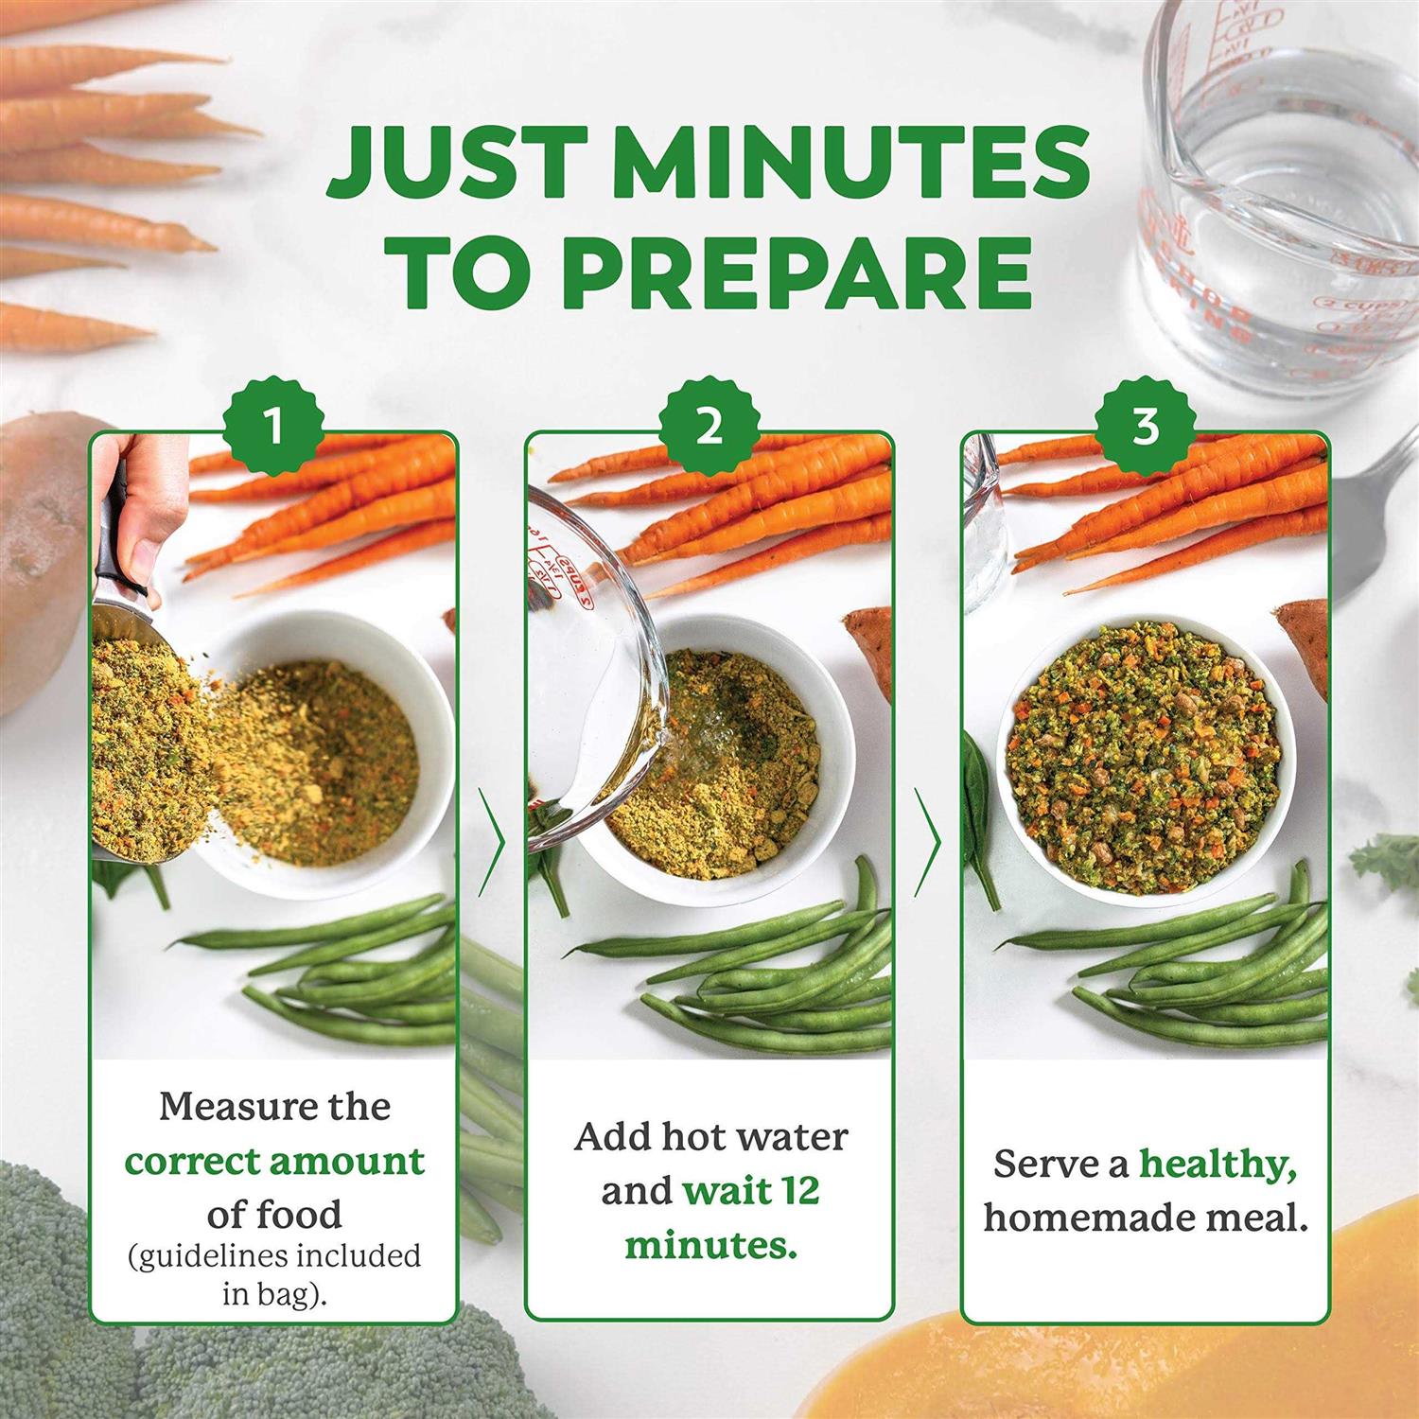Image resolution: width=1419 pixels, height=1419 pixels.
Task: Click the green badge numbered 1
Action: tap(274, 428)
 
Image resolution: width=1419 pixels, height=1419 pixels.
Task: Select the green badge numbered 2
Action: tap(709, 428)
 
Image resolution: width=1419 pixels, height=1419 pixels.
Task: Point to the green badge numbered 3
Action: tap(1145, 428)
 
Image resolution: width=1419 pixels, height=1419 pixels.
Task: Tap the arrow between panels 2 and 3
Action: tap(928, 841)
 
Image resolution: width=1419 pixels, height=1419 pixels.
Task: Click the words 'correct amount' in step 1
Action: tap(274, 1161)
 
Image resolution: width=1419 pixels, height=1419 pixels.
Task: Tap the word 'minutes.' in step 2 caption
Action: tap(710, 1244)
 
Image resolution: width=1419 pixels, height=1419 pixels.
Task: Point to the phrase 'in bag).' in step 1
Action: tap(274, 1293)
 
